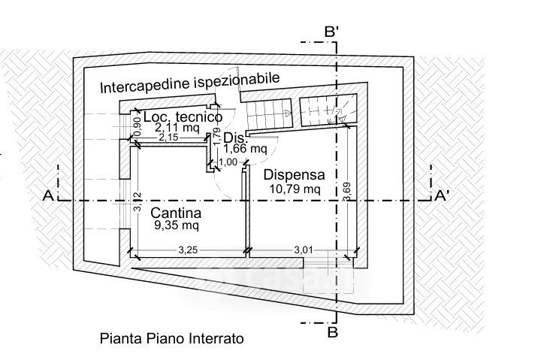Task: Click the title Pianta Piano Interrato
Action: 171,338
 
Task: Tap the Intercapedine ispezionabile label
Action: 190,82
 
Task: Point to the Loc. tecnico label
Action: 182,118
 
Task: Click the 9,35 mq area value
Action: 177,224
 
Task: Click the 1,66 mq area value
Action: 245,149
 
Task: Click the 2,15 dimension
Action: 169,138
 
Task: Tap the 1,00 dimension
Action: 228,162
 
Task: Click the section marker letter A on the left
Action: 47,196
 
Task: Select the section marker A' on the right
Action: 443,196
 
